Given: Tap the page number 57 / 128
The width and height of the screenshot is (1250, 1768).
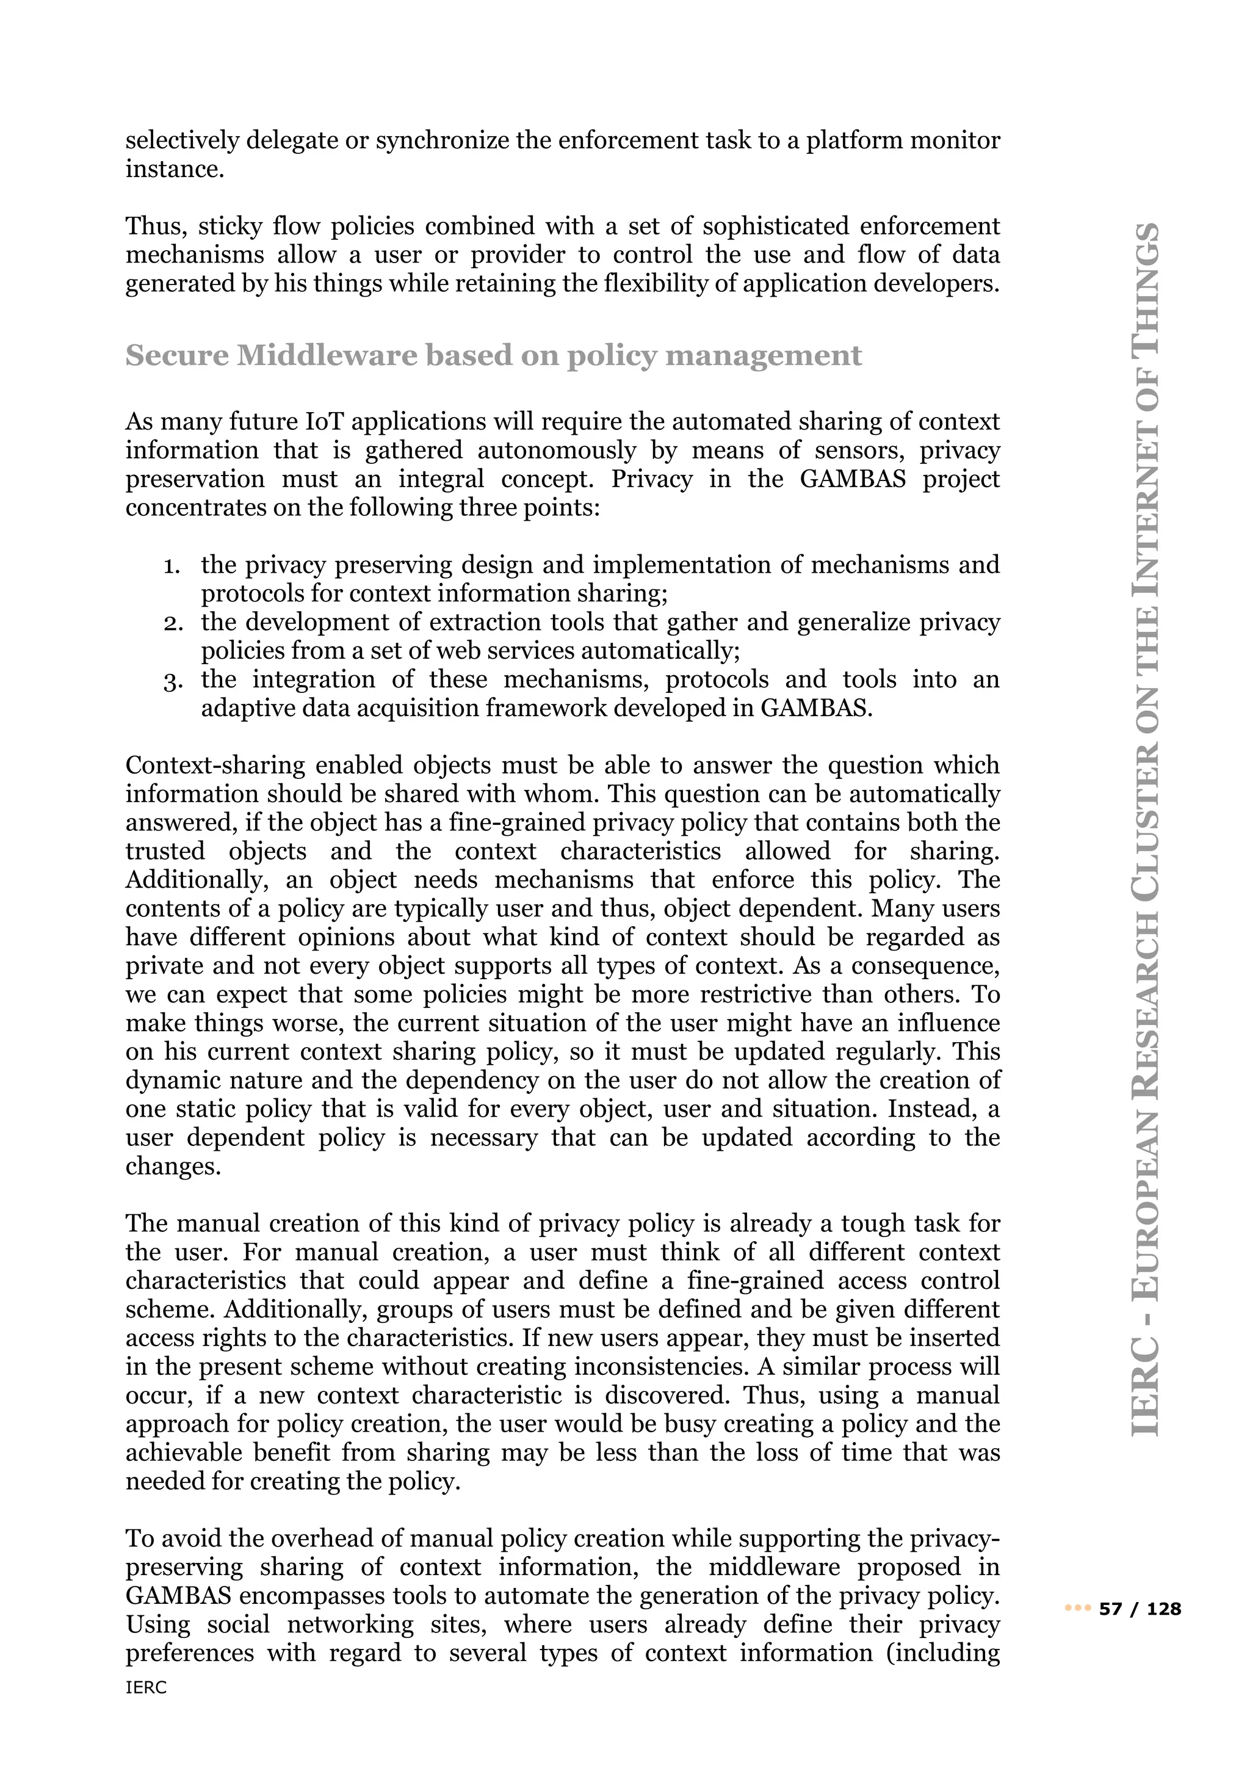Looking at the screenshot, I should [x=1140, y=1609].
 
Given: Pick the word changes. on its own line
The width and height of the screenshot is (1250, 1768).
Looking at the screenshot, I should [x=173, y=1167].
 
